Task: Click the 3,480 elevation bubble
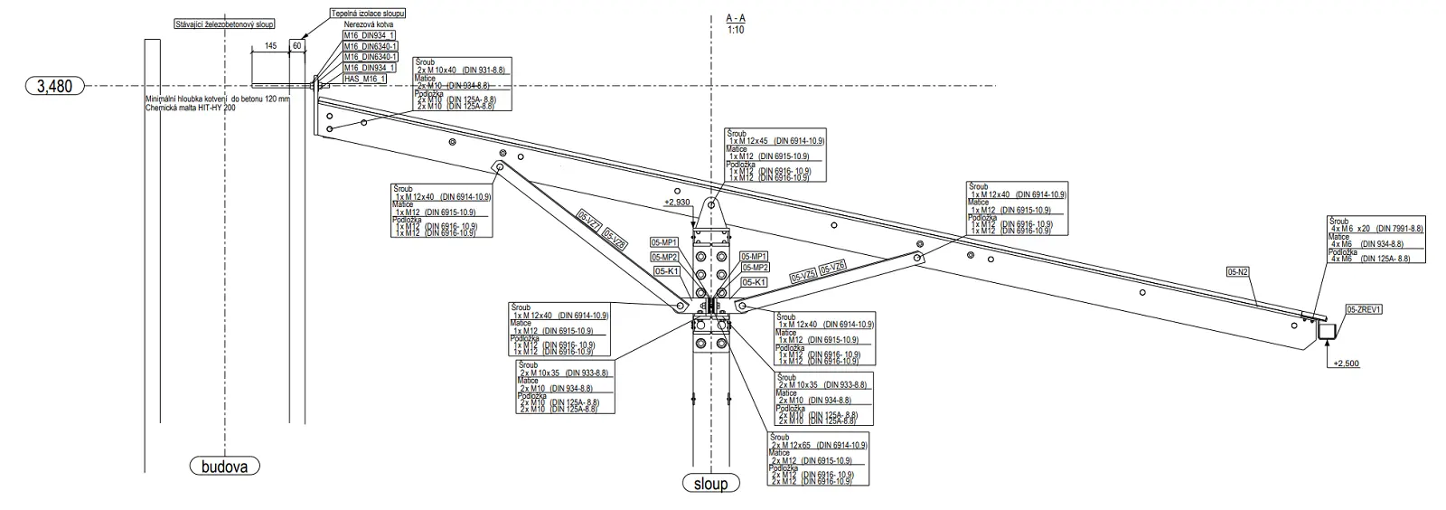pyautogui.click(x=55, y=87)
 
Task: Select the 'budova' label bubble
pyautogui.click(x=224, y=467)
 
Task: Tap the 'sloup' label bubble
pyautogui.click(x=710, y=484)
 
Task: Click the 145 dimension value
pyautogui.click(x=270, y=45)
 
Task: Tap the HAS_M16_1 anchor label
pyautogui.click(x=364, y=79)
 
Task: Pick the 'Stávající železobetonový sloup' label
pyautogui.click(x=225, y=24)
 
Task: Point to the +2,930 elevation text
pyautogui.click(x=678, y=203)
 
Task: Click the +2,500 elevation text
pyautogui.click(x=1344, y=364)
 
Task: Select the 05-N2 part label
pyautogui.click(x=1238, y=270)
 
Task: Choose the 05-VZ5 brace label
pyautogui.click(x=803, y=275)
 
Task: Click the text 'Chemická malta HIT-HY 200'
pyautogui.click(x=191, y=108)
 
